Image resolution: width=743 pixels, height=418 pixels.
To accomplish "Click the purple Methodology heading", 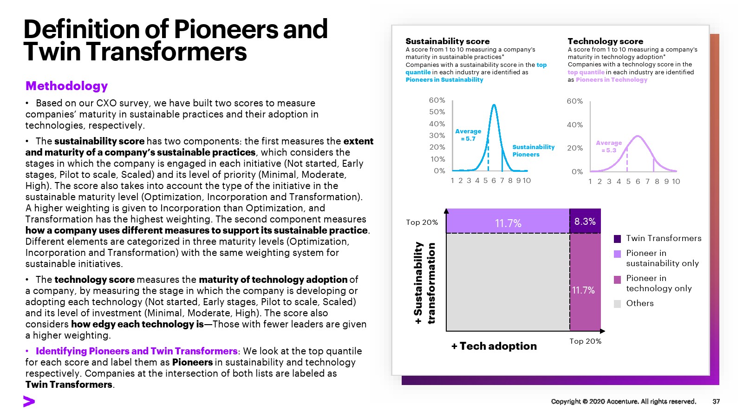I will (x=66, y=86).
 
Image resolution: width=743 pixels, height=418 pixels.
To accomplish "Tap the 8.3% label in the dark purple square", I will (x=585, y=222).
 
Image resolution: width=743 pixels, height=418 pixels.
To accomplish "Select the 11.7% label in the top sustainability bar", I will (x=508, y=223).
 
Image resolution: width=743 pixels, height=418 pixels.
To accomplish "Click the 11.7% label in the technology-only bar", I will (x=583, y=290).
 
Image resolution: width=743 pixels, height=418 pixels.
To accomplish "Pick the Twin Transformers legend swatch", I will (x=617, y=239).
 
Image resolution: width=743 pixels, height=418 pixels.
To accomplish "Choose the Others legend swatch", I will (x=617, y=304).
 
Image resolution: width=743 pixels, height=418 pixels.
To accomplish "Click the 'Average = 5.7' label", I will (x=468, y=135).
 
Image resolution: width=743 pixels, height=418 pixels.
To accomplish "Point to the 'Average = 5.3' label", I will (x=608, y=146).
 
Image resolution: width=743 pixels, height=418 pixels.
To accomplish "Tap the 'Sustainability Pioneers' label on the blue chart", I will (x=533, y=150).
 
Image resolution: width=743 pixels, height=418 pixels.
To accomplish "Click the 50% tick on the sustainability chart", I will (x=437, y=112).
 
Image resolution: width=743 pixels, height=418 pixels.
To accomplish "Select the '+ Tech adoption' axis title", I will (x=494, y=346).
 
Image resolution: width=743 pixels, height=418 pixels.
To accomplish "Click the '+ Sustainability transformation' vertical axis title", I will (x=424, y=283).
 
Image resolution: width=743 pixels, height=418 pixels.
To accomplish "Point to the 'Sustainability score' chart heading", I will (x=447, y=41).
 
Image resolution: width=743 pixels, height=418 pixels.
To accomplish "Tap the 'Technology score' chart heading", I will (x=605, y=41).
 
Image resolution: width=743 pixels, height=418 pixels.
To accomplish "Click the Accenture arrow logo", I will (x=29, y=402).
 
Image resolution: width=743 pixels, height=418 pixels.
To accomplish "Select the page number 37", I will (x=716, y=401).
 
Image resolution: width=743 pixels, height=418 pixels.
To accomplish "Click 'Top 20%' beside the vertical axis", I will (x=422, y=222).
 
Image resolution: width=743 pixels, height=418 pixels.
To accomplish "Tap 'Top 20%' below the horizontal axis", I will (x=585, y=341).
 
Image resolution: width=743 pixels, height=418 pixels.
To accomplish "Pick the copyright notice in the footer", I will (x=623, y=401).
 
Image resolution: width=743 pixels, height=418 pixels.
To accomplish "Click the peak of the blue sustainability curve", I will (x=494, y=105).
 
